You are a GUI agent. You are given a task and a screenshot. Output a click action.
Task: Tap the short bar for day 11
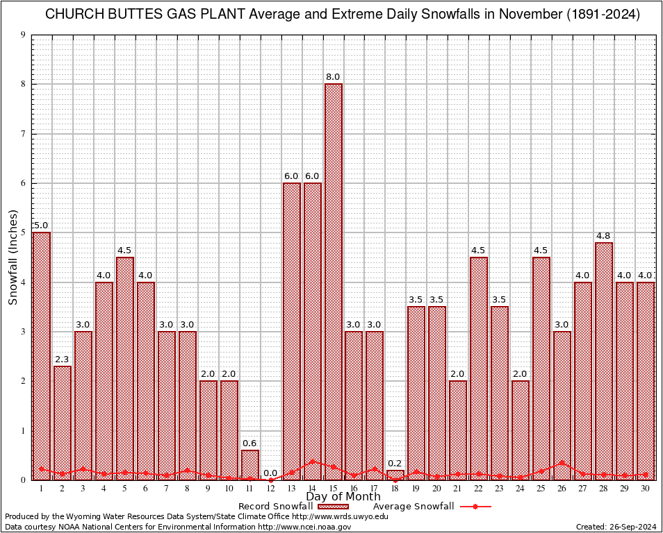point(250,464)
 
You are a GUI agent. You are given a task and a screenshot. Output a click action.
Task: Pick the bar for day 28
point(604,361)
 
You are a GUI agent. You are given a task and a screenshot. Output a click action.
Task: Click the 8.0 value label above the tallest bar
point(333,76)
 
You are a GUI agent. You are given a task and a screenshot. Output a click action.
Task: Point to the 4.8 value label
point(604,235)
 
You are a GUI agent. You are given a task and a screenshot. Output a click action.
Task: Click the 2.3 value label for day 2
point(63,359)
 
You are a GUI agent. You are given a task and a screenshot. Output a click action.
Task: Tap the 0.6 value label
point(250,443)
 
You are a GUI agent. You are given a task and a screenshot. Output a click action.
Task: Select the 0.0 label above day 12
point(271,473)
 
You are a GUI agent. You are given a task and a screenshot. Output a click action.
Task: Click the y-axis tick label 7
point(24,134)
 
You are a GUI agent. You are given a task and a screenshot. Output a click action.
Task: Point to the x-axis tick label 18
point(395,489)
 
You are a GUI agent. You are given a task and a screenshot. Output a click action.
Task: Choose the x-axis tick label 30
point(646,489)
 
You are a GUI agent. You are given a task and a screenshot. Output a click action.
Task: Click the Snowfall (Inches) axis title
point(13,257)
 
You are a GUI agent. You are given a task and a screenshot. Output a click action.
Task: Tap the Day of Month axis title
point(343,497)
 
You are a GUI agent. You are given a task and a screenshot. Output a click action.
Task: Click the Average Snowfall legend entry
point(414,506)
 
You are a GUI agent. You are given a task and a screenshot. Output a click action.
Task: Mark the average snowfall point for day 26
point(562,463)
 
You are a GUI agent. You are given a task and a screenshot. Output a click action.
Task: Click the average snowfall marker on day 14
point(313,461)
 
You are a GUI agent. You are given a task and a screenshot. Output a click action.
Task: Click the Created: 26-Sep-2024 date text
point(616,527)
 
